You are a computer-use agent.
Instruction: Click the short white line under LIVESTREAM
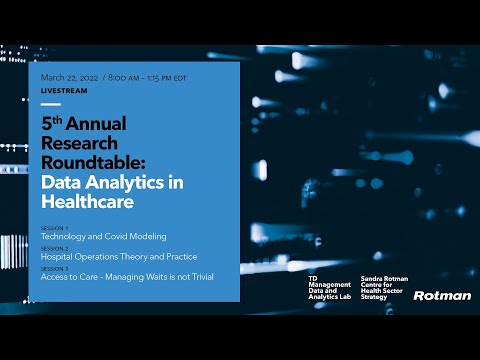click(51, 103)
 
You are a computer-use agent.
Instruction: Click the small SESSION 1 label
click(55, 228)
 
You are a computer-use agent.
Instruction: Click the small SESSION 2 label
click(55, 248)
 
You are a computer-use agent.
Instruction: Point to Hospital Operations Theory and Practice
click(119, 256)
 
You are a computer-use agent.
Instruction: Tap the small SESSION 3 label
click(55, 267)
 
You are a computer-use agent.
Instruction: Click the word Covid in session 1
click(121, 237)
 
